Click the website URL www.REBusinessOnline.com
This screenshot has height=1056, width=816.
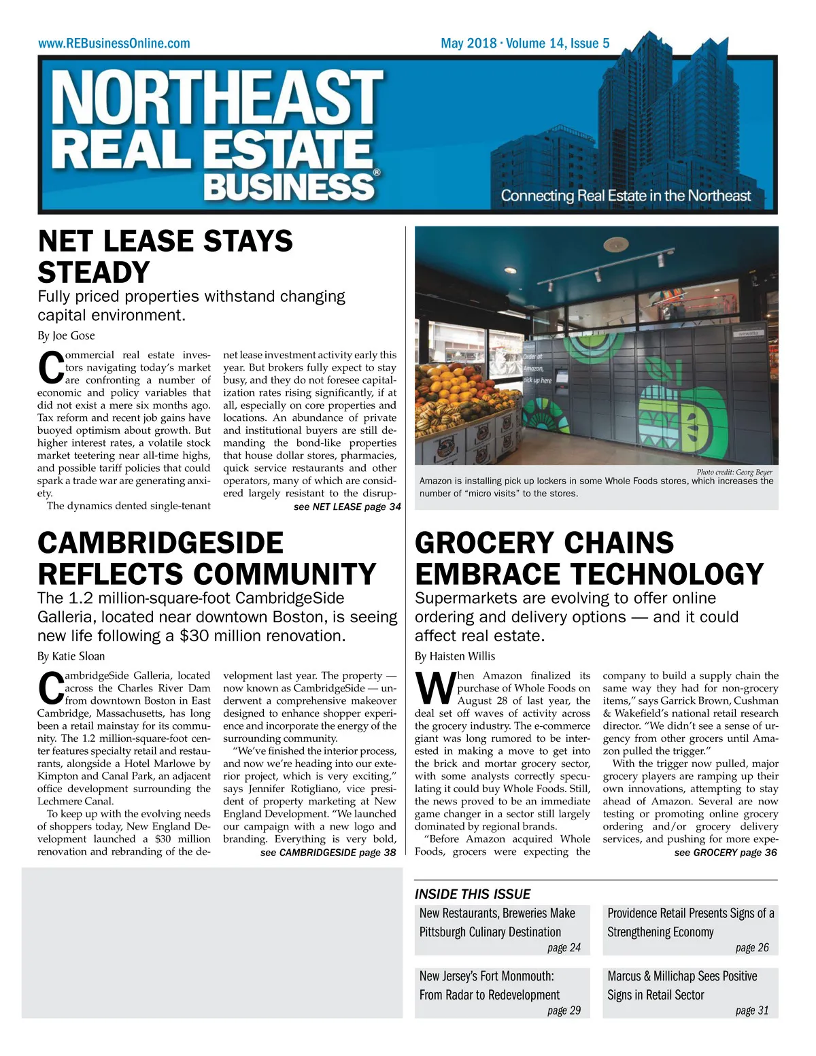click(114, 44)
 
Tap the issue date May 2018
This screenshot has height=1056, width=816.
click(469, 44)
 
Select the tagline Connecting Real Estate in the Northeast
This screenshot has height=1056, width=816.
click(626, 196)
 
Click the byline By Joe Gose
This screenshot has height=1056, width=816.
click(66, 335)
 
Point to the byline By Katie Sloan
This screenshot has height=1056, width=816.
click(71, 656)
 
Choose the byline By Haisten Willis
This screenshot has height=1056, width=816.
click(455, 656)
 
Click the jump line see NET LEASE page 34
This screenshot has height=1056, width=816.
click(347, 507)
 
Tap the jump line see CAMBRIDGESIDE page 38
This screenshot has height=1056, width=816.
click(328, 852)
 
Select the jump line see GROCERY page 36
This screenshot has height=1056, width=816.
click(725, 852)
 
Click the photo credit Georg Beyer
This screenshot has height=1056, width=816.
click(734, 472)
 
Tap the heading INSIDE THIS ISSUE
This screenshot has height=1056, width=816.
click(473, 894)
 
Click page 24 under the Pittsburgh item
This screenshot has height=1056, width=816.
click(564, 948)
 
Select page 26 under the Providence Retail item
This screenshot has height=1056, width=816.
click(752, 948)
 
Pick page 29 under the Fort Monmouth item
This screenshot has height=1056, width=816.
click(564, 1010)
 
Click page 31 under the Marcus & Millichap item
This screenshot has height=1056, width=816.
click(752, 1010)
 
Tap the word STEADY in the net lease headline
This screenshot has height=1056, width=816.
click(94, 273)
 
